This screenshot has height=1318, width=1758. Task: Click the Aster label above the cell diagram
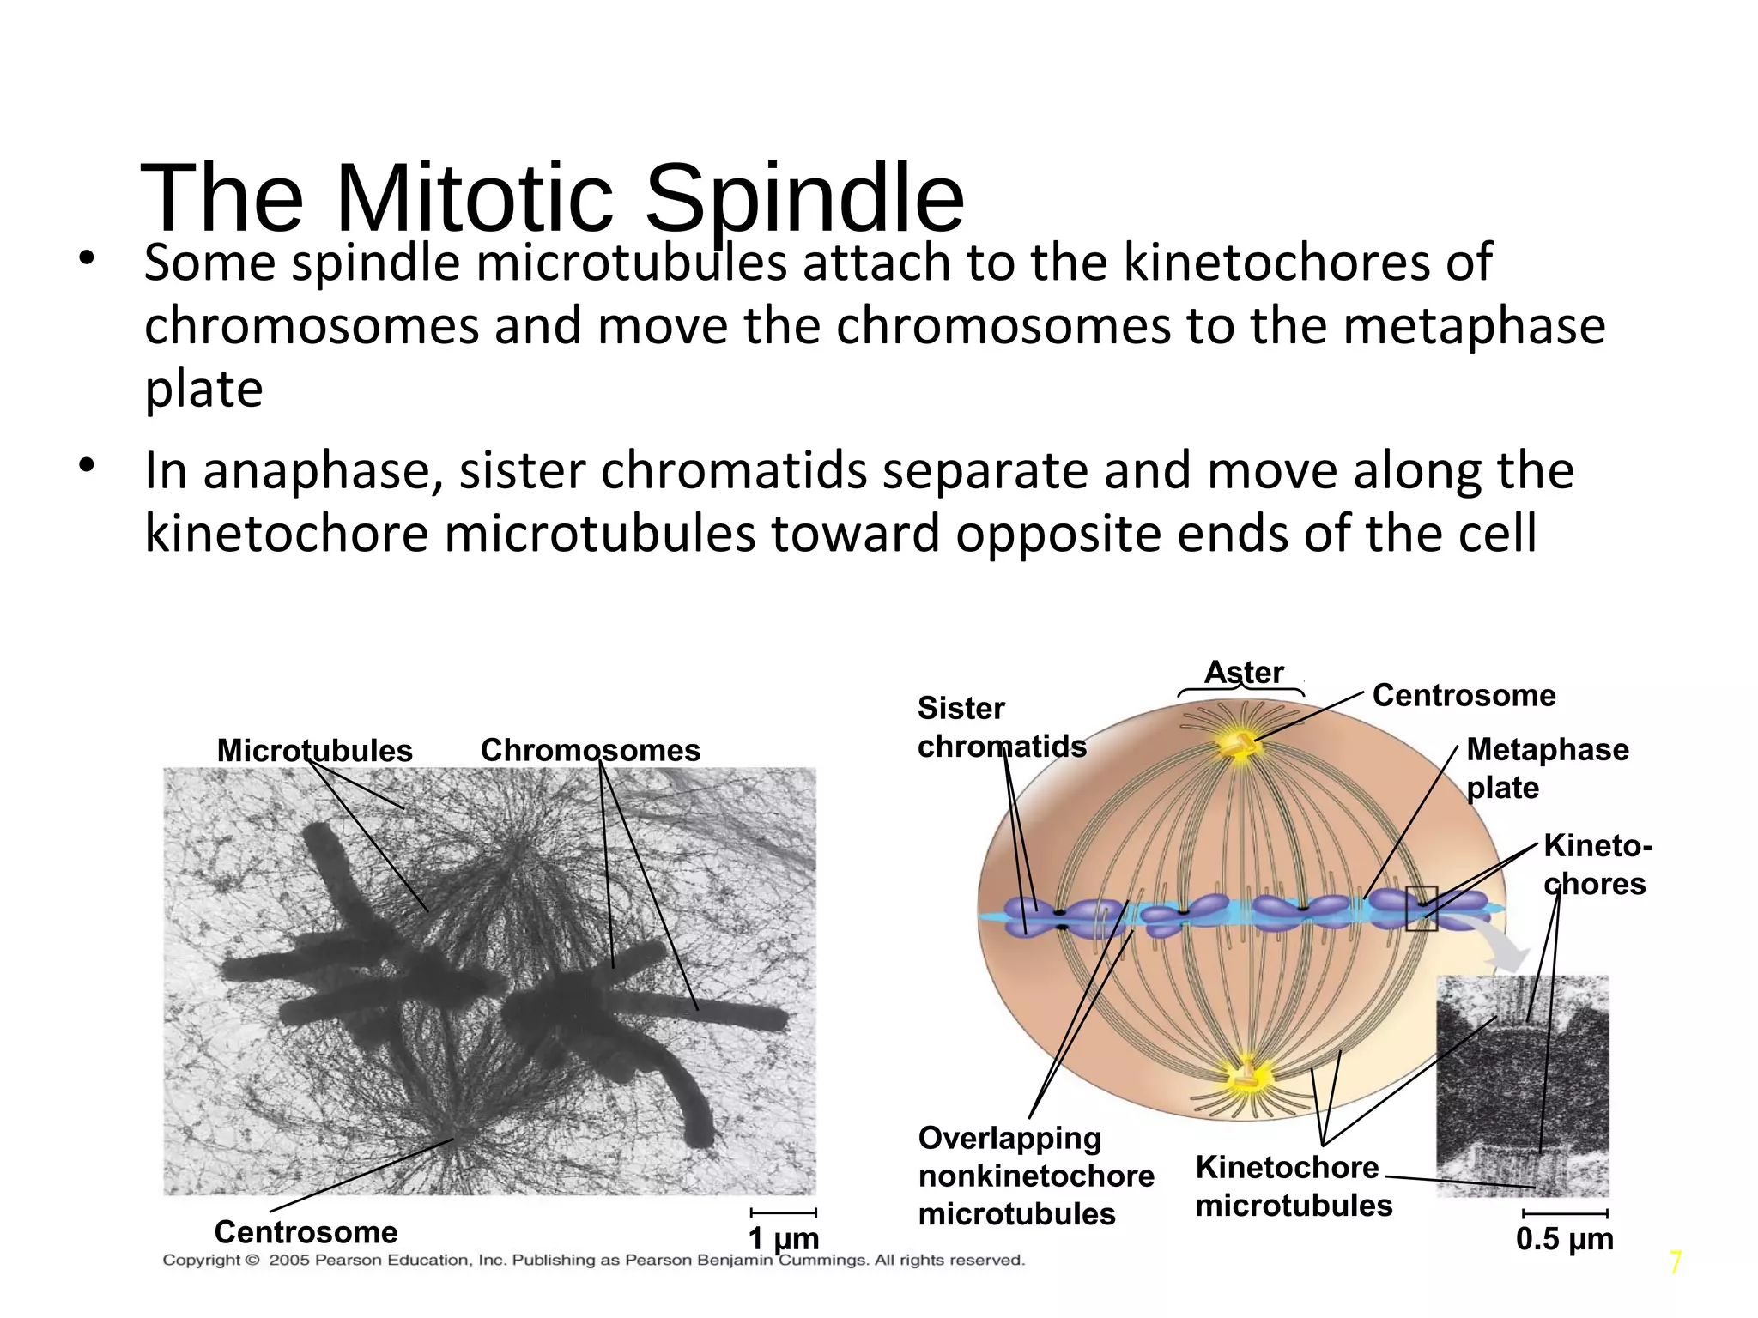coord(1243,672)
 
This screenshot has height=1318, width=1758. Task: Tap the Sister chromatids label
coord(1001,728)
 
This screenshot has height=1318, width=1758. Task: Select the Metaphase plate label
coord(1547,769)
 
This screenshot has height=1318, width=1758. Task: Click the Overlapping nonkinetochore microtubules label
coord(1034,1176)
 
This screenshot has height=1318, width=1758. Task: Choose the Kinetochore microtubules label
coord(1292,1186)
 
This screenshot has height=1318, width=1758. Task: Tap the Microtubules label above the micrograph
coord(314,751)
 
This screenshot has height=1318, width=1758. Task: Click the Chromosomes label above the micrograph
coord(590,750)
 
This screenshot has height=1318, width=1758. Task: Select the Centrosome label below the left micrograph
coord(306,1232)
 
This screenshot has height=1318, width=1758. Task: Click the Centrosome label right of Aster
coord(1464,695)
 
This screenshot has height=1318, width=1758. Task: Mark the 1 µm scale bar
coord(783,1212)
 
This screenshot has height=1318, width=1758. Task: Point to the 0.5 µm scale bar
coord(1564,1213)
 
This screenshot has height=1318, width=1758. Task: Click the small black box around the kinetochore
coord(1422,908)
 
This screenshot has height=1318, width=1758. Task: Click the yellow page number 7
coord(1675,1263)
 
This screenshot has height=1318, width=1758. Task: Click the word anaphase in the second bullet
coord(321,471)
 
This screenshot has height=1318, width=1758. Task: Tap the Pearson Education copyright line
coord(593,1261)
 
